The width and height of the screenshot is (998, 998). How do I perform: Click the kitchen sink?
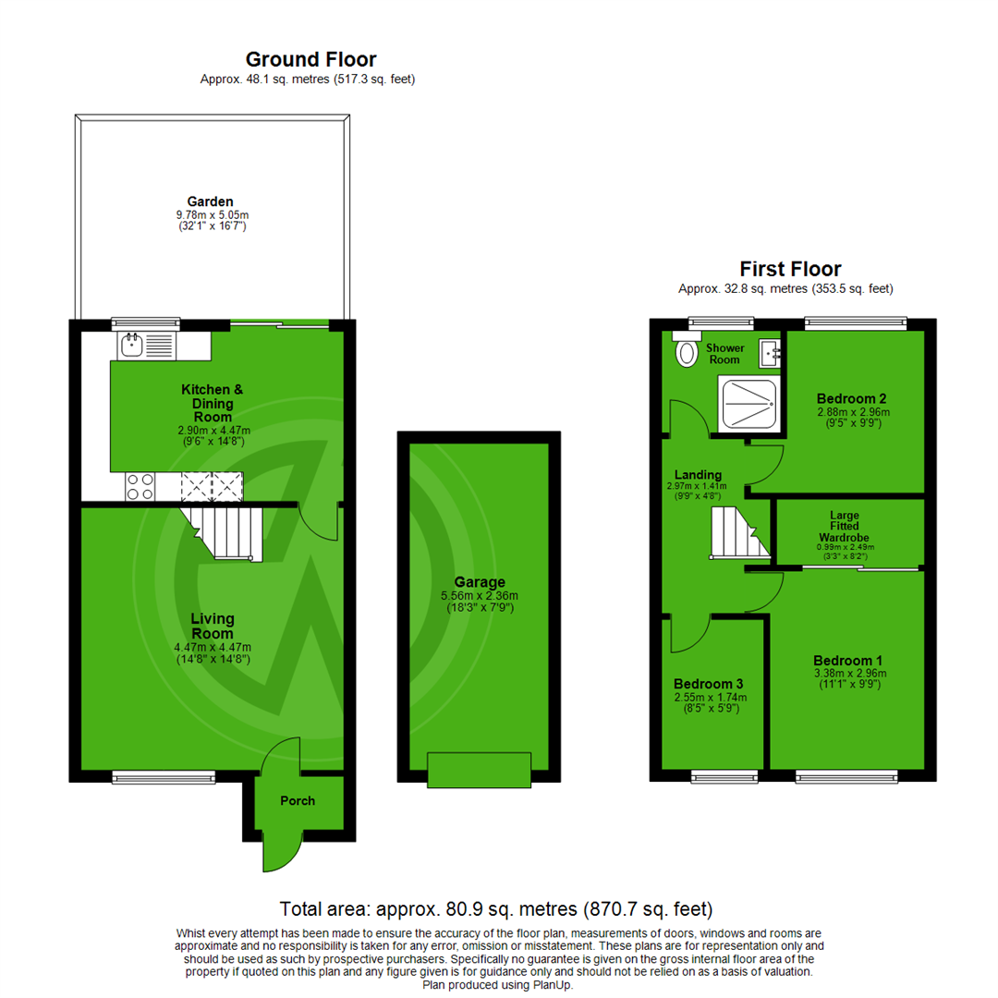(146, 346)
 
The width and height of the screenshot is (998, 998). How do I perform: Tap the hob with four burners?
(140, 486)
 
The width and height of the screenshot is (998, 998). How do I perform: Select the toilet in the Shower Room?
(687, 351)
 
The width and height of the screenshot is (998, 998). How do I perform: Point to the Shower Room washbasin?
(770, 351)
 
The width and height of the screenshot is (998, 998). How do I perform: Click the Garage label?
(479, 582)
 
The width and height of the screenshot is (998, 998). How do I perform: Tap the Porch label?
(298, 800)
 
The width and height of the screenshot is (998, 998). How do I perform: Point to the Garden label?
(211, 201)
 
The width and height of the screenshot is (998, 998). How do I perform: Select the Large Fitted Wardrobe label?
(846, 528)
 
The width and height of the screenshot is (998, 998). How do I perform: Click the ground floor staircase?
(222, 533)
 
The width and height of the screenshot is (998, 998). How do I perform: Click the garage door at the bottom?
(479, 770)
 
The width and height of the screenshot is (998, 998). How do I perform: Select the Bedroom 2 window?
(855, 323)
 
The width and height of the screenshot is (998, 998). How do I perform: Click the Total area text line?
(496, 908)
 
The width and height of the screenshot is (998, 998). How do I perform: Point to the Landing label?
(700, 475)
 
